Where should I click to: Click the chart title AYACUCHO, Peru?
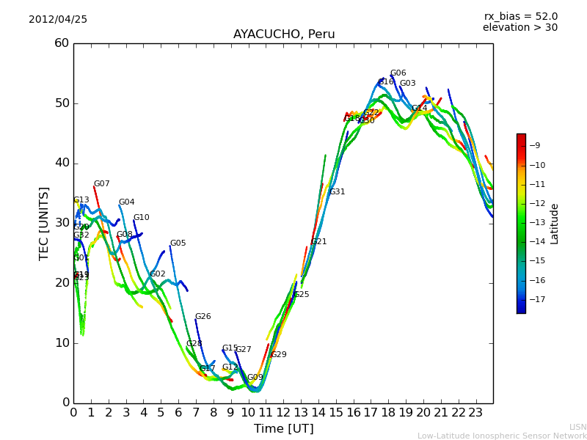(x=284, y=34)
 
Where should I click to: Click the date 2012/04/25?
(x=58, y=20)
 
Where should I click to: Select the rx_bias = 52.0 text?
(x=521, y=17)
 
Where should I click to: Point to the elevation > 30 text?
(x=520, y=28)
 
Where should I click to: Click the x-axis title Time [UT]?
(x=283, y=428)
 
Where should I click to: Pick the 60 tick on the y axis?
(x=62, y=43)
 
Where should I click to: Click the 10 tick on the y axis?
(x=62, y=343)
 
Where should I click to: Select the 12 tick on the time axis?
(x=284, y=412)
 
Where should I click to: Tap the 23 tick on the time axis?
(x=476, y=412)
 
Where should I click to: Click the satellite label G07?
(x=101, y=184)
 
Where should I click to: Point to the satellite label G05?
(x=178, y=243)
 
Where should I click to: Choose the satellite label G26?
(x=203, y=317)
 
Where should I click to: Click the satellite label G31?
(x=337, y=192)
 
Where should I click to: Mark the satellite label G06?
(x=398, y=73)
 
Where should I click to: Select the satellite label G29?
(x=278, y=355)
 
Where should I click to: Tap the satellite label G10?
(x=141, y=218)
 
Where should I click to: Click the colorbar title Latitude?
(x=555, y=224)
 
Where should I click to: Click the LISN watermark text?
(x=578, y=427)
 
